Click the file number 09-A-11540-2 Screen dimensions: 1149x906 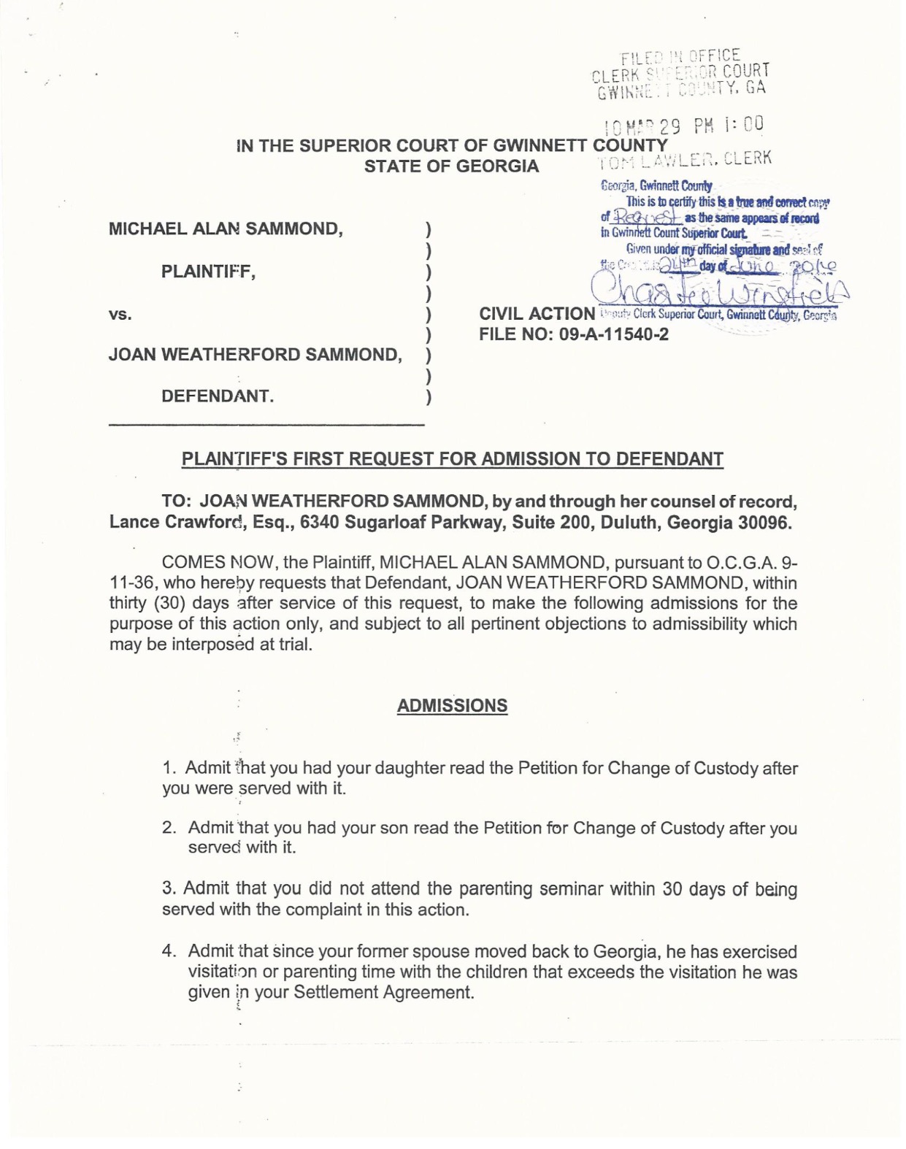[x=613, y=334]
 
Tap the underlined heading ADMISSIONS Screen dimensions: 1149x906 [x=452, y=706]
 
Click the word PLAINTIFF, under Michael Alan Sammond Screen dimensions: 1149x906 [x=208, y=272]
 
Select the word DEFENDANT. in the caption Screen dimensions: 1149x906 [x=218, y=396]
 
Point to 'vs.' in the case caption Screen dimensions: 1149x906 [x=120, y=314]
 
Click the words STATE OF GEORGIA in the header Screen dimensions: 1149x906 [x=451, y=166]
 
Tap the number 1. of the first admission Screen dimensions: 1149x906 [x=169, y=768]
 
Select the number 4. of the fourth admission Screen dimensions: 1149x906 [x=169, y=951]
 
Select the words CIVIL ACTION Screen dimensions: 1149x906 [x=537, y=314]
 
